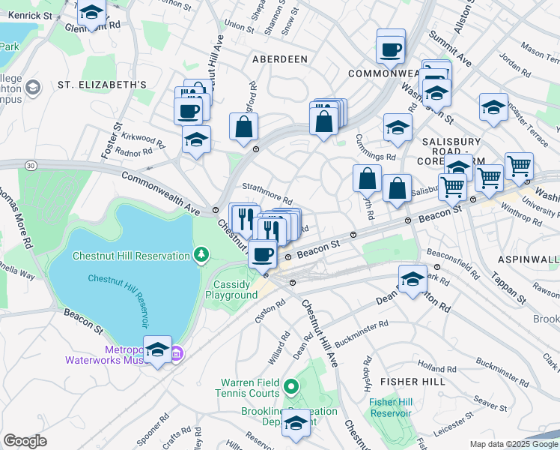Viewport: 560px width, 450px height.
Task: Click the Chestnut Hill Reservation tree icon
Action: point(201,256)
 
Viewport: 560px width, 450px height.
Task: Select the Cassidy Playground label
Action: point(231,289)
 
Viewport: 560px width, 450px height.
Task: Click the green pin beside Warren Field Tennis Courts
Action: point(291,388)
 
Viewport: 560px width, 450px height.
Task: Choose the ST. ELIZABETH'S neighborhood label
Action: point(102,85)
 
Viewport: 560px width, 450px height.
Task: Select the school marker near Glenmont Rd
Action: point(91,14)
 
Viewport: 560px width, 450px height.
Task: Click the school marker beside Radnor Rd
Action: point(196,139)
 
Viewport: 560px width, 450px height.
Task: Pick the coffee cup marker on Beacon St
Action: point(262,255)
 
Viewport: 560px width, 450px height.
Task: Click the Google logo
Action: point(25,440)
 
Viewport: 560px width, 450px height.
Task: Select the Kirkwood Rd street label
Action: point(144,140)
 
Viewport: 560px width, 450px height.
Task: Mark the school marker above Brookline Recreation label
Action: point(296,424)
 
